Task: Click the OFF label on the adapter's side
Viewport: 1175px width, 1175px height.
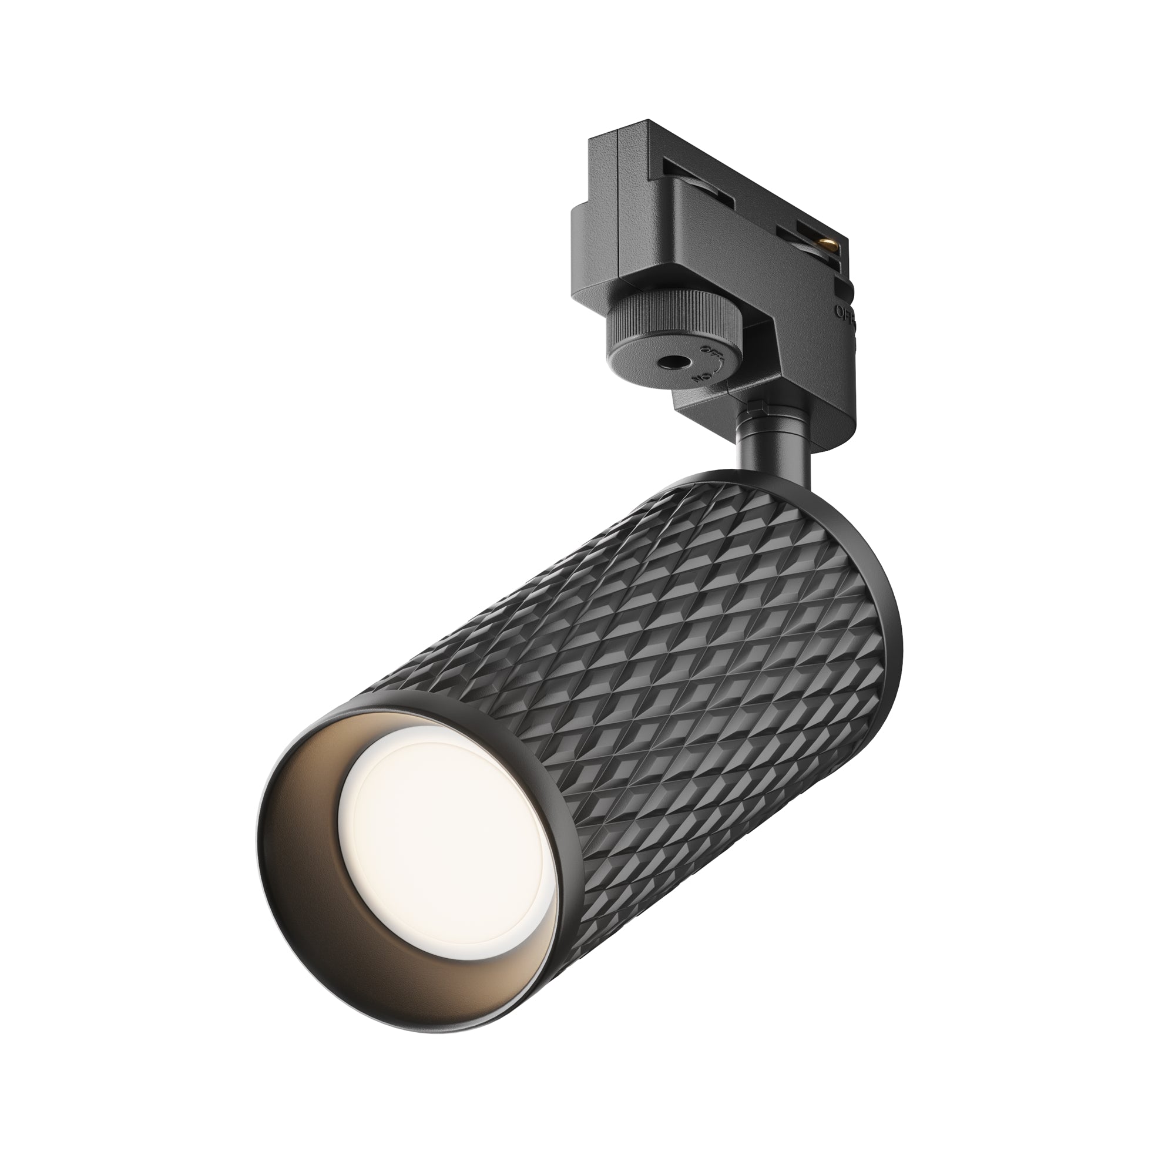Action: (845, 313)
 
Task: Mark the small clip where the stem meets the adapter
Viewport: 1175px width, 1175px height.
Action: (756, 404)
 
